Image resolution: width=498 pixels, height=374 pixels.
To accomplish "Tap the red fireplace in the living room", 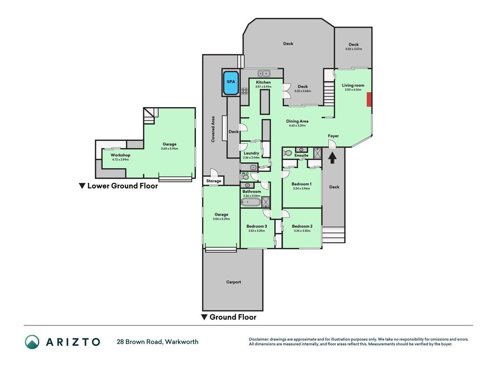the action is [369, 100].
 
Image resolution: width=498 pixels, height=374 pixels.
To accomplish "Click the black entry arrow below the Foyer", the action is [332, 158].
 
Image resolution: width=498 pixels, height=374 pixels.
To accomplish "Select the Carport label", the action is [233, 282].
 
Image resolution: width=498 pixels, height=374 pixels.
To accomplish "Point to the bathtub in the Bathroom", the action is [251, 202].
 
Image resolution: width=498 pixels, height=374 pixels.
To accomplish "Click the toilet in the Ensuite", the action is [287, 153].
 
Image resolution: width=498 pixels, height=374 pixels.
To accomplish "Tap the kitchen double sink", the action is [264, 73].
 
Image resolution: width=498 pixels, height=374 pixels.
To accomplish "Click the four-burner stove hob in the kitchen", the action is [245, 91].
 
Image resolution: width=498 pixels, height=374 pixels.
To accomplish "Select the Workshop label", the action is [120, 155].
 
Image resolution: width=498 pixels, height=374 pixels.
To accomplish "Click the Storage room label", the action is [213, 181].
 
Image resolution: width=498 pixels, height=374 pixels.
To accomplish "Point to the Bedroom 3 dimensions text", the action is [257, 231].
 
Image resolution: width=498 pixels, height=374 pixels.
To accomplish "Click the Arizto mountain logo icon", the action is [32, 342].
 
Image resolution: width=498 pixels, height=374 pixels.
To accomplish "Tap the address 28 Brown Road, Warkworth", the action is [158, 342].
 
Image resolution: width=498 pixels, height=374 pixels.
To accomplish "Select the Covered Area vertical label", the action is [213, 129].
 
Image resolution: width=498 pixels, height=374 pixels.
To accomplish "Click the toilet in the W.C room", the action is [245, 177].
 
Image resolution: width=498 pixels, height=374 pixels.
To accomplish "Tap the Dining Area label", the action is [297, 121].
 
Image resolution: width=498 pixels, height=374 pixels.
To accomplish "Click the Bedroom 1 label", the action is [302, 184].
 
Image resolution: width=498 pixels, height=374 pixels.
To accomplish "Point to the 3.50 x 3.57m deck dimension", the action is [353, 49].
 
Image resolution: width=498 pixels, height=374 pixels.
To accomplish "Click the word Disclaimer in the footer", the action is [259, 339].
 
